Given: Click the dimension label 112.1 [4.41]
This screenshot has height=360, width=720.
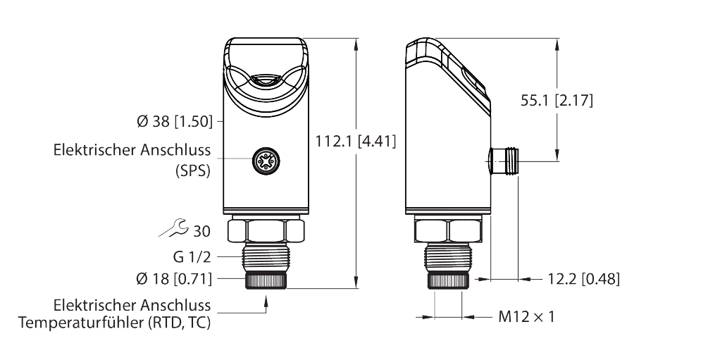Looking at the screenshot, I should (x=355, y=142).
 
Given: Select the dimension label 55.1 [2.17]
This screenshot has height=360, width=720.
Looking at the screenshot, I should (x=557, y=101).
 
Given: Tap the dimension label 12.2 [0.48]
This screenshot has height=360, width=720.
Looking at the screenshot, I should (x=583, y=279).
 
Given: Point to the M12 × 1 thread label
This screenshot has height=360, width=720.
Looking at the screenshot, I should (x=526, y=317).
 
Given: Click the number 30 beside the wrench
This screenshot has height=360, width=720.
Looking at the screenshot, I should (x=201, y=231).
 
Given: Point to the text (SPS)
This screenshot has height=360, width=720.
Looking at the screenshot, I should (x=192, y=171).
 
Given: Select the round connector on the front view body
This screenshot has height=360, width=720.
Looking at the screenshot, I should (x=266, y=161).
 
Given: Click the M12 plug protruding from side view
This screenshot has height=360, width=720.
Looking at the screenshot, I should (x=504, y=161).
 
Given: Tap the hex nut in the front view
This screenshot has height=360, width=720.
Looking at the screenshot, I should (x=266, y=230).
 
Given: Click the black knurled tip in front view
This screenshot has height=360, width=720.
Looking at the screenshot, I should (x=266, y=280).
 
